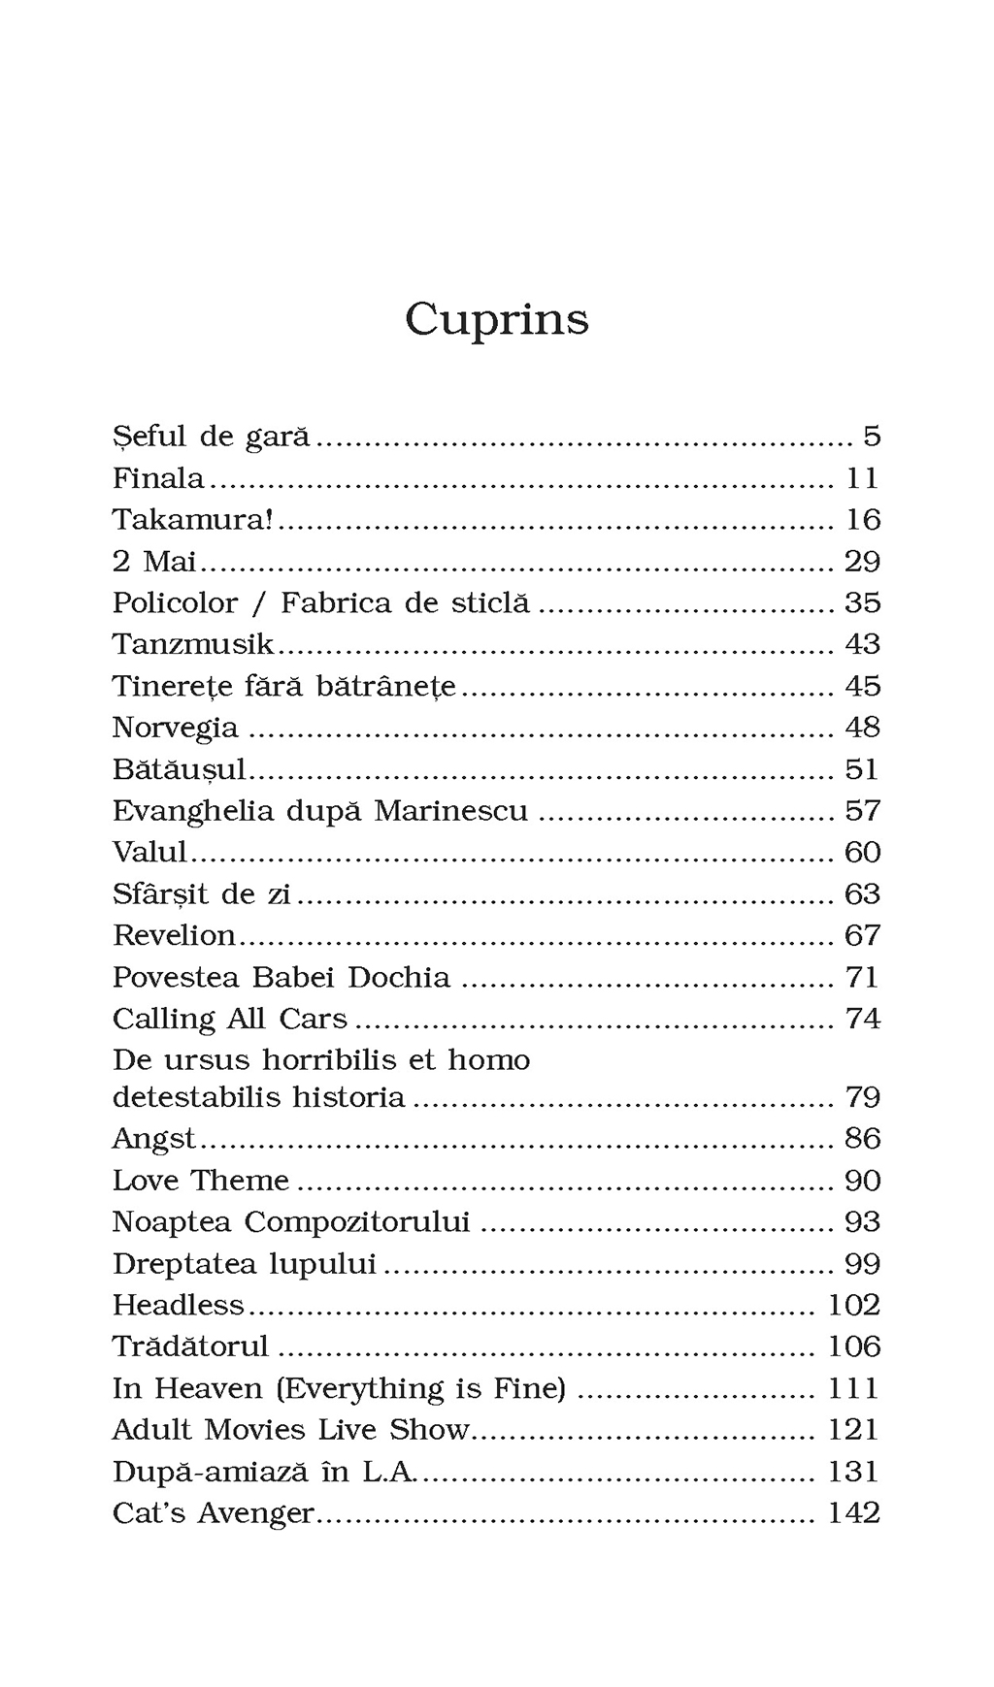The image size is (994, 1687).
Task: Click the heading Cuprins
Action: tap(496, 318)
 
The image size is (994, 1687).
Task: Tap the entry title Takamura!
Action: tap(192, 520)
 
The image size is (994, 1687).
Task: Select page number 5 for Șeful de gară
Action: tap(872, 437)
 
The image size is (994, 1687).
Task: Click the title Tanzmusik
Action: tap(193, 644)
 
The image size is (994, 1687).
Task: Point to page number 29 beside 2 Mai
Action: tap(862, 562)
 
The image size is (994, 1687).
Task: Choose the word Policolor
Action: tap(175, 603)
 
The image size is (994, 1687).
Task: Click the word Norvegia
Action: tap(175, 728)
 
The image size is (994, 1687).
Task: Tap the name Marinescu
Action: tap(450, 810)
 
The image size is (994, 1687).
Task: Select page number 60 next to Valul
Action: tap(862, 852)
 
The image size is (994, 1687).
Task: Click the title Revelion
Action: tap(174, 935)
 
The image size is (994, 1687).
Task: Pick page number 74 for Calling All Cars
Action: tap(862, 1019)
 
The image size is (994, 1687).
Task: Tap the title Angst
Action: tap(153, 1139)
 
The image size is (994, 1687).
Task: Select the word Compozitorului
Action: tap(356, 1222)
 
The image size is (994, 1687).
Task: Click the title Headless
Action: tap(178, 1305)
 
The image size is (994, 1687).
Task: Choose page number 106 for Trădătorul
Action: tap(853, 1346)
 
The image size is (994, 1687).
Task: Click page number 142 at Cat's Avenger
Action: tap(853, 1512)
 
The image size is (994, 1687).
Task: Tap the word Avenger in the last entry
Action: tap(256, 1513)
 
